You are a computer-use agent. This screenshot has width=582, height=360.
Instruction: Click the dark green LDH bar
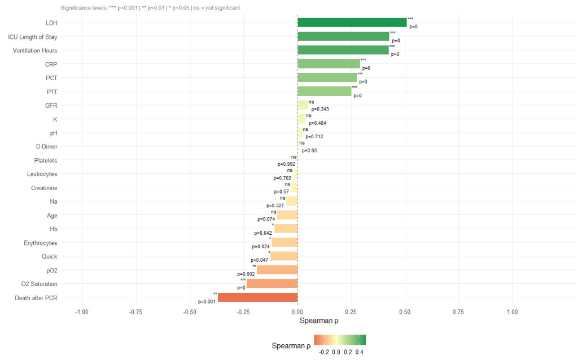352,23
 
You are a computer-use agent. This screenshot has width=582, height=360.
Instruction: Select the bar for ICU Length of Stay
343,36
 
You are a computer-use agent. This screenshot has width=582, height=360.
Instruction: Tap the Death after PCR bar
257,298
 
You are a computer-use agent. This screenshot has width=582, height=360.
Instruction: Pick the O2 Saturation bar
272,284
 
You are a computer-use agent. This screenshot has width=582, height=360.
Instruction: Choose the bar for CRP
329,64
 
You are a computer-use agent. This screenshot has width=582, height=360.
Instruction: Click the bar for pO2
277,270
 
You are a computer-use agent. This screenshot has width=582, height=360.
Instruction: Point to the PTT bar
325,91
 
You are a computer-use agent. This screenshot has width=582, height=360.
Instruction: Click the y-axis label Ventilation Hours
35,50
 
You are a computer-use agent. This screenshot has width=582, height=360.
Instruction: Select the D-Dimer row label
47,147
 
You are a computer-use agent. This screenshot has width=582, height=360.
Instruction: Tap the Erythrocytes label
41,243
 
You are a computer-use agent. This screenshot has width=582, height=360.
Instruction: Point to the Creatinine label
44,188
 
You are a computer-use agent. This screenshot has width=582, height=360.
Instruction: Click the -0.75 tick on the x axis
136,312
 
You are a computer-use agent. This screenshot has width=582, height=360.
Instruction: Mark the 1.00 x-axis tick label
512,312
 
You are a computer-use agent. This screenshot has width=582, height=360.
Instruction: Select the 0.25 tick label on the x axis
351,312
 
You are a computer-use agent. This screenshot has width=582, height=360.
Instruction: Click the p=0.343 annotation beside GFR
320,109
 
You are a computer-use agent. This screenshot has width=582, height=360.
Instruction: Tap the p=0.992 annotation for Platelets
287,164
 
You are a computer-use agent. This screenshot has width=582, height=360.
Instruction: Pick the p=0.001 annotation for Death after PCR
207,302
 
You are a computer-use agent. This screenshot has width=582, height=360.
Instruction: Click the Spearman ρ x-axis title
319,321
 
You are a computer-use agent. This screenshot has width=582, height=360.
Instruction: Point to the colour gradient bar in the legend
340,340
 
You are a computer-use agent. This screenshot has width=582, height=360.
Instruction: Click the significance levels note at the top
150,8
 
